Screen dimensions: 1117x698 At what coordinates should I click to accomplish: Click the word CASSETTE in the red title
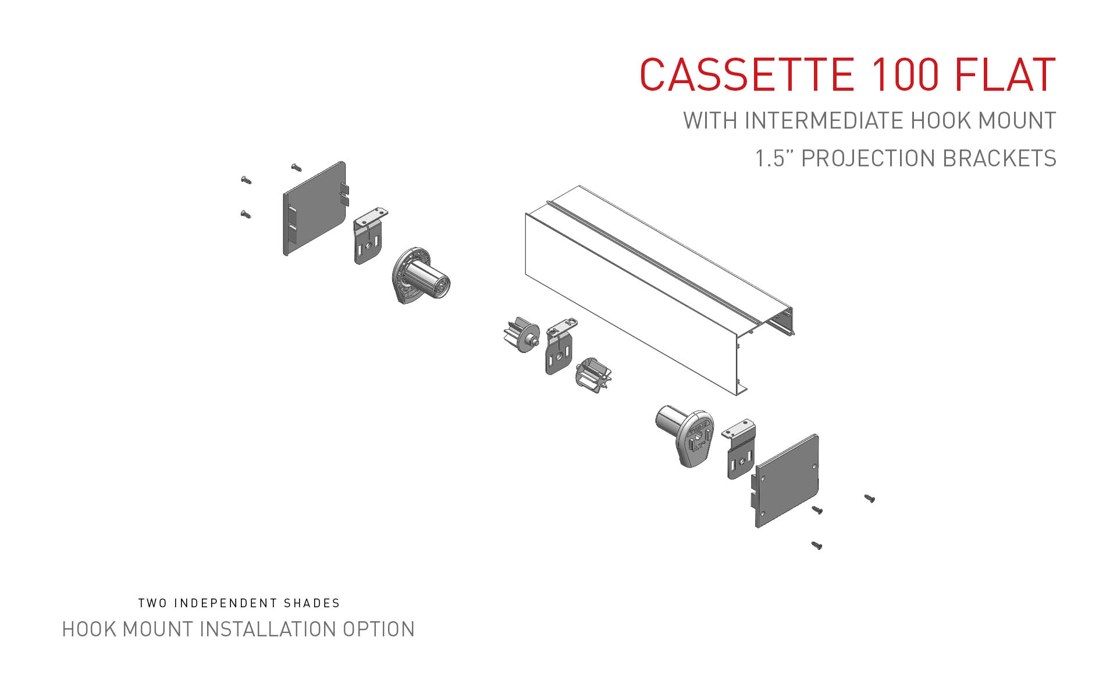point(746,75)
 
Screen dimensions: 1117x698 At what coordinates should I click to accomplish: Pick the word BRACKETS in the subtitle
point(999,159)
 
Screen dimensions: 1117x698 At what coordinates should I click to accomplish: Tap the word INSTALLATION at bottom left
point(267,629)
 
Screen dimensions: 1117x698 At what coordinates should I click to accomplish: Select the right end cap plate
point(787,480)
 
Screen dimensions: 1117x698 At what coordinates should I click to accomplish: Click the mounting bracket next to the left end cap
point(368,238)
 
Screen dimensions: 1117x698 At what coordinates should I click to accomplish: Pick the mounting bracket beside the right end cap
point(740,451)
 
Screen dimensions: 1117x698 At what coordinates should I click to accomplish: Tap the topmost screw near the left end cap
point(297,168)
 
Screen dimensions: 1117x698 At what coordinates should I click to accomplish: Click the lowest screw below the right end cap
point(817,546)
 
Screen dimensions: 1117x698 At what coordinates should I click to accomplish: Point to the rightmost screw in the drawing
point(870,498)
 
